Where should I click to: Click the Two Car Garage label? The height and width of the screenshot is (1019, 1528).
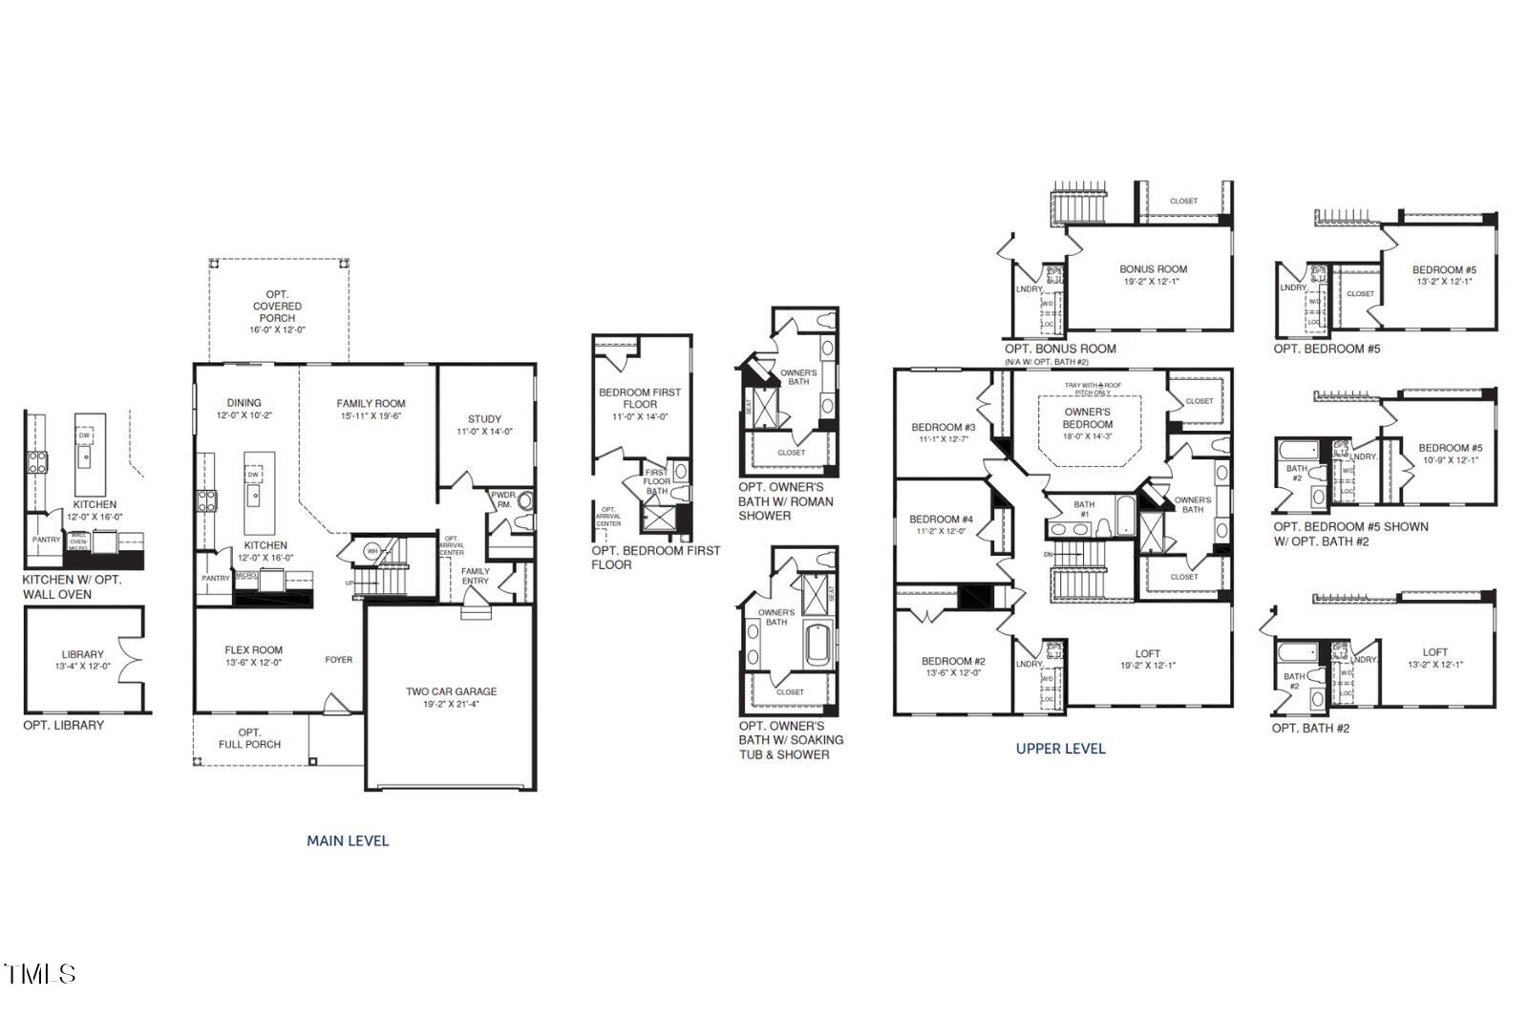[451, 691]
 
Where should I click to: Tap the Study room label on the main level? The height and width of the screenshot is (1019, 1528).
[484, 419]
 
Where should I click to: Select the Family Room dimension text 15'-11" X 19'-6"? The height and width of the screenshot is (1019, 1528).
[371, 416]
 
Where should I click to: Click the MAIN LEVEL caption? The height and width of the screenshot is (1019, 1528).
[348, 841]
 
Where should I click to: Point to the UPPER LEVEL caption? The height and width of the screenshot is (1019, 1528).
[1060, 749]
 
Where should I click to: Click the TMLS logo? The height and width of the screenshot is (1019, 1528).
[40, 974]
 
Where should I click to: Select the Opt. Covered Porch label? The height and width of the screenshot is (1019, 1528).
[278, 306]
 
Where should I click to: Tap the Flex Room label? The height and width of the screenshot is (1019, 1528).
[253, 650]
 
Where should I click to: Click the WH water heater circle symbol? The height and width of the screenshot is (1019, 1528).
[372, 550]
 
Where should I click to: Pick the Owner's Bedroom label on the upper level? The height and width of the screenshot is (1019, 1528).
[1088, 418]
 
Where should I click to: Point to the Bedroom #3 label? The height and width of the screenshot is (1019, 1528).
[943, 427]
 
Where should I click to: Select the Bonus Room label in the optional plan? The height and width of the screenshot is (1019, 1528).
[1153, 269]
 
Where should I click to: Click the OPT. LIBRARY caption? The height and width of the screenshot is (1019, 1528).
[64, 726]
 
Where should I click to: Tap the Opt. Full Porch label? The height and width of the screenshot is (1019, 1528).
[249, 738]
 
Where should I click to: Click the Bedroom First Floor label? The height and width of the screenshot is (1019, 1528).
[640, 398]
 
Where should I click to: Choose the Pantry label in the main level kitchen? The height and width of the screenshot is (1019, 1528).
[216, 578]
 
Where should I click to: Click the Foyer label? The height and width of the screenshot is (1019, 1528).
[338, 660]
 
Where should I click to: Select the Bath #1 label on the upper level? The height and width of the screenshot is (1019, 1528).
[1084, 509]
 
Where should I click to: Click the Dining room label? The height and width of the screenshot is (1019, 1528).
[244, 403]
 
